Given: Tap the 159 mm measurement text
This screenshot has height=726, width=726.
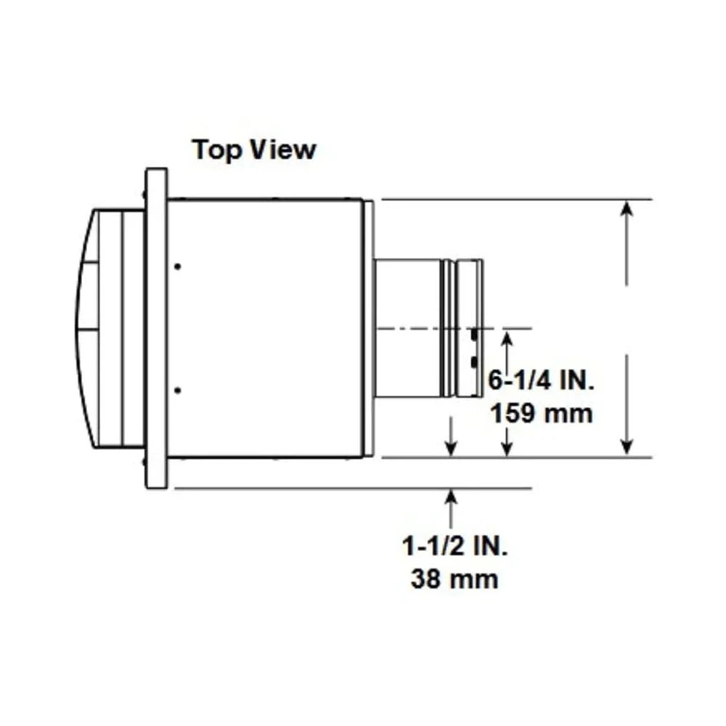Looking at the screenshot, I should tap(542, 414).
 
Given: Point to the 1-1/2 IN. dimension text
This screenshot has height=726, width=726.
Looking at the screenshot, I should tap(455, 547).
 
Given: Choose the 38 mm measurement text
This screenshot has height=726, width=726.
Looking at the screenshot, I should tap(454, 579).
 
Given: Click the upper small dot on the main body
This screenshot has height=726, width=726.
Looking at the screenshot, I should tap(178, 266).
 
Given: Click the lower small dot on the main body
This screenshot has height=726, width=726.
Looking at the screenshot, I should tap(178, 391).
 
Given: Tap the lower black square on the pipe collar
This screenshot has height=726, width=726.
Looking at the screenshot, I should tap(473, 362).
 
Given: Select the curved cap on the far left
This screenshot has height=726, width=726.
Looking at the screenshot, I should tap(87, 328).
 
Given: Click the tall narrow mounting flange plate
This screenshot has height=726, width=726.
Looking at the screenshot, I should tap(156, 328).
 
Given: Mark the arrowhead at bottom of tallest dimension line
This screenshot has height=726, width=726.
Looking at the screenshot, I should tap(628, 447).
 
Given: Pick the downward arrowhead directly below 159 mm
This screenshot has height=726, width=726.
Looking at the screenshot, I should tap(507, 448).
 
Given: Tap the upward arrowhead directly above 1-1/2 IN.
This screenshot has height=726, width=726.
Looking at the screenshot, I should tap(452, 498).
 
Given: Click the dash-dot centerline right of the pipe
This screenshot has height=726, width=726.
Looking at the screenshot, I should tap(508, 328).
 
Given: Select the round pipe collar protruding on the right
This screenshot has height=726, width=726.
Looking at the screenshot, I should tap(428, 328).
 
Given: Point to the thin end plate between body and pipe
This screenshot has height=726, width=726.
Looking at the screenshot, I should tap(369, 328).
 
